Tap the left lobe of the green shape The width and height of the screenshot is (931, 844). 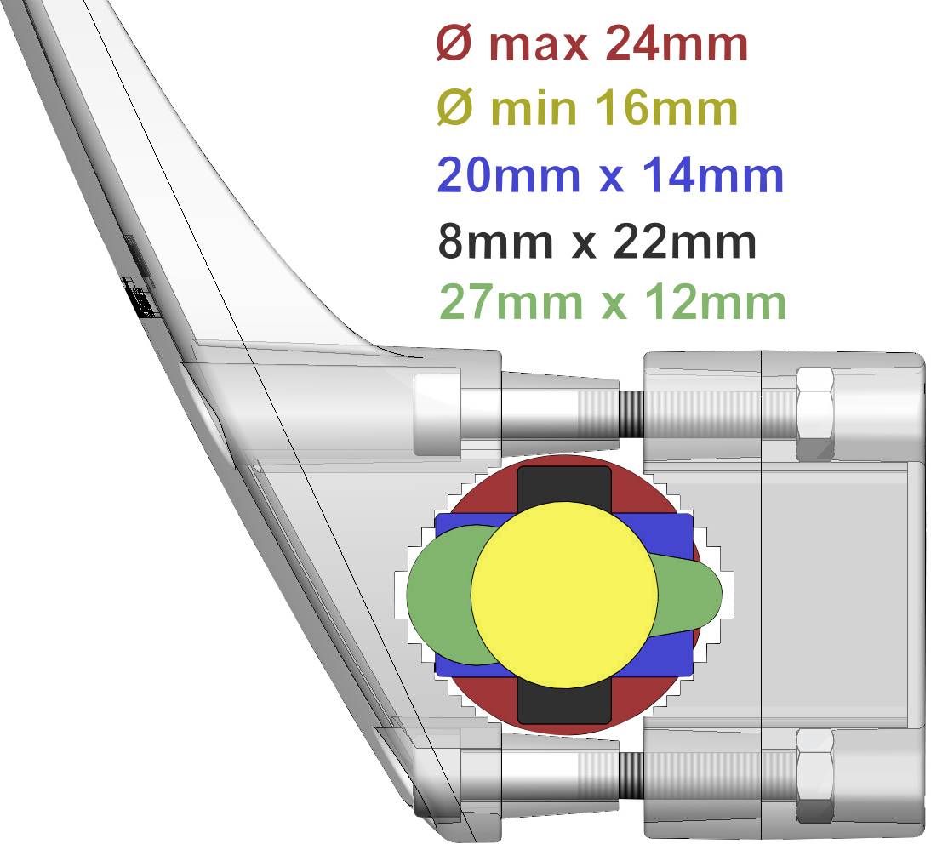437,594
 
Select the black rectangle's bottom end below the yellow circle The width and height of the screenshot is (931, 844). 563,705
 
